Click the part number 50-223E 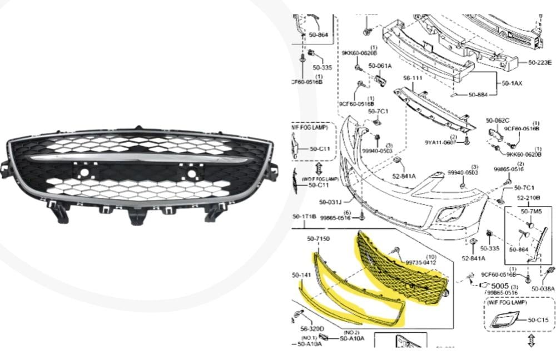point(540,62)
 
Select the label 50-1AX point(512,83)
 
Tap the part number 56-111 point(413,78)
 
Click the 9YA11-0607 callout point(441,142)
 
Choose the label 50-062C point(497,120)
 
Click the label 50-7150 point(319,238)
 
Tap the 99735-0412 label point(420,262)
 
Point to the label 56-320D point(312,328)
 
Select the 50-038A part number point(543,288)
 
